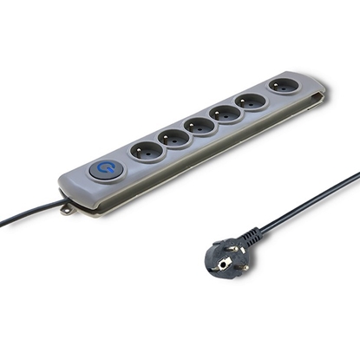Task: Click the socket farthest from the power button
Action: (283, 87)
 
